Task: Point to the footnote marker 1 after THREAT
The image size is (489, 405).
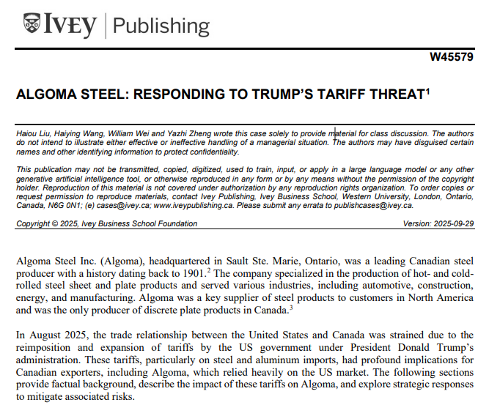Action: click(429, 91)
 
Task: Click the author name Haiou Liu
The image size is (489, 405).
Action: click(34, 133)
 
